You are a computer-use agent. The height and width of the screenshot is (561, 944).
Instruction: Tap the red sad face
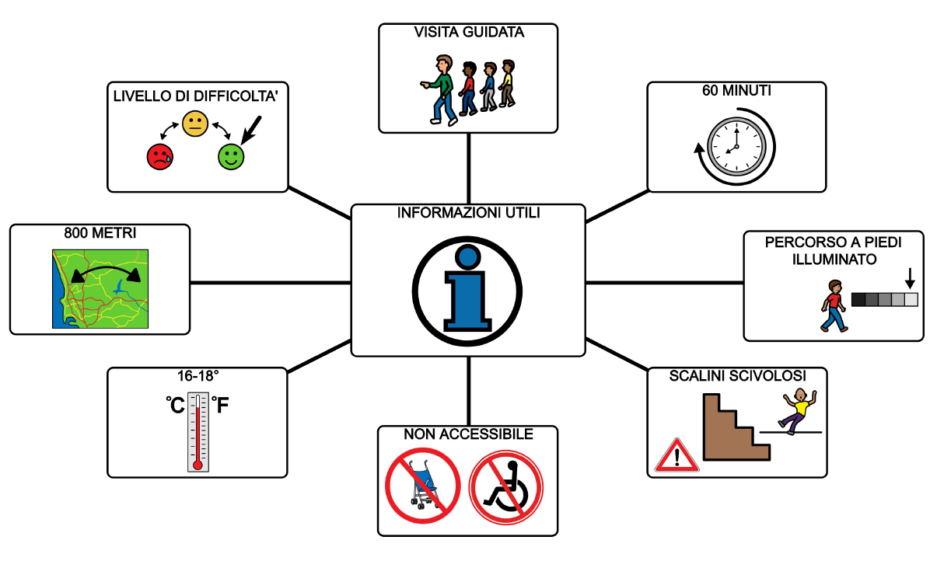tap(159, 156)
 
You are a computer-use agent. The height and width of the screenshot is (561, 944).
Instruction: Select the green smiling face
tap(230, 156)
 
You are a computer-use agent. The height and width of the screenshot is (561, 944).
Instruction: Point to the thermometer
tap(198, 431)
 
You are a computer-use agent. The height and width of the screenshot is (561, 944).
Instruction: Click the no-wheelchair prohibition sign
tap(506, 489)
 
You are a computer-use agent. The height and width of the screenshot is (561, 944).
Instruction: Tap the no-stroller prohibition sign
tap(423, 489)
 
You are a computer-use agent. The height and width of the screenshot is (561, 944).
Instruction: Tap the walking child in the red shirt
tap(833, 305)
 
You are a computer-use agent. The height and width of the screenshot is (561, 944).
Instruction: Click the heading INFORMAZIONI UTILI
tap(468, 213)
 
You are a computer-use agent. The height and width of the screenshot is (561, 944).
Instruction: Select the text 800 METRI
tap(100, 232)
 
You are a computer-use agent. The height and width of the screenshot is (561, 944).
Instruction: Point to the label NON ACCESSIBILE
tap(468, 434)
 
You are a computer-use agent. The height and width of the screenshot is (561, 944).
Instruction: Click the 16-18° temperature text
tap(197, 376)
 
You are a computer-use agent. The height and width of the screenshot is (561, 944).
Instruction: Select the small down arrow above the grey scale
tap(911, 278)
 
